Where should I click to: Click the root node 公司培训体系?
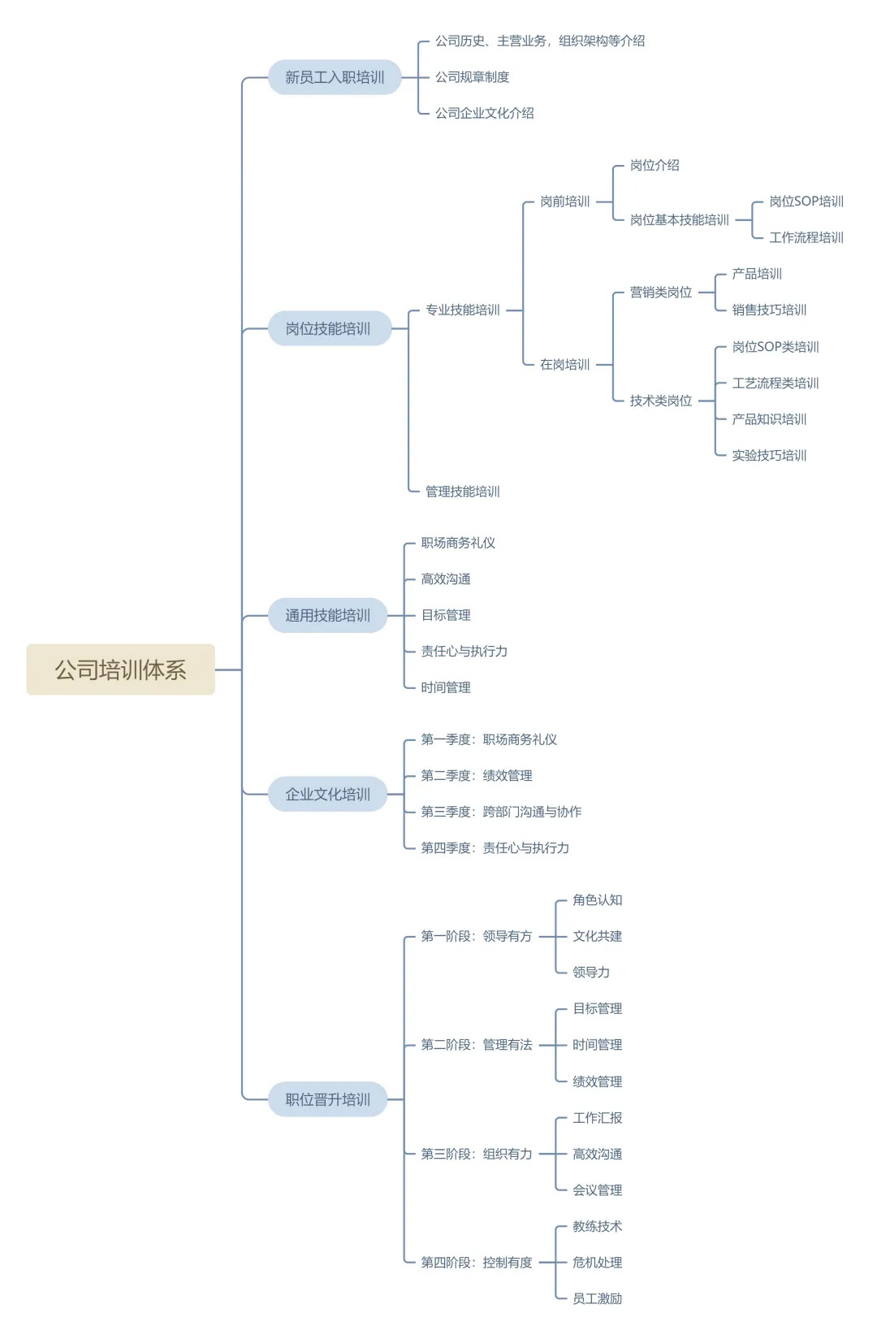pos(120,669)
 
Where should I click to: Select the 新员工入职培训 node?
pos(335,77)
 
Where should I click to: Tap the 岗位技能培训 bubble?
pos(328,328)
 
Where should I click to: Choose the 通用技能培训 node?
pos(328,615)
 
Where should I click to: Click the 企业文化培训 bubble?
pos(328,794)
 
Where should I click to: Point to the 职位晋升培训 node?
pos(328,1099)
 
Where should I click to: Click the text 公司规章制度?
pos(472,77)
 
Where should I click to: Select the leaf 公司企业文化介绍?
pos(484,113)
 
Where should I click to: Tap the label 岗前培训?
pos(565,201)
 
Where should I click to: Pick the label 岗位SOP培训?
pos(806,201)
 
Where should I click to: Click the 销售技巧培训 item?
pos(769,310)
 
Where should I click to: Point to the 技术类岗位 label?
pos(661,401)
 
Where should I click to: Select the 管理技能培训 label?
pos(463,492)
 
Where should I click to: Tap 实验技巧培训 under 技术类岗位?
pos(769,455)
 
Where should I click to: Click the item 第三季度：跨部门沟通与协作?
pos(501,812)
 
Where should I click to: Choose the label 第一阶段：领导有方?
pos(477,936)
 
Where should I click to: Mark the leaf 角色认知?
pos(598,900)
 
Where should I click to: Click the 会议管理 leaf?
pos(598,1190)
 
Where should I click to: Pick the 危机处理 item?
pos(598,1263)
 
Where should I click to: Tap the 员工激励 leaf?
pos(598,1298)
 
